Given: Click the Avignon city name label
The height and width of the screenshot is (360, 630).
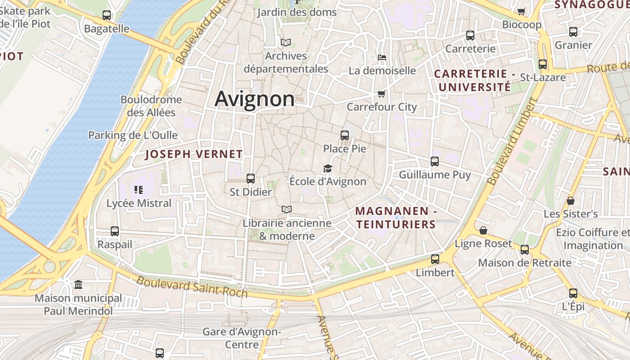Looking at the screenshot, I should click(x=254, y=99).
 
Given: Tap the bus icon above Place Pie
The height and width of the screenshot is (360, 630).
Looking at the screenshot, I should click(x=345, y=135).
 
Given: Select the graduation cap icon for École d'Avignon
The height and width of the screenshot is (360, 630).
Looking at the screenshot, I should click(x=328, y=168).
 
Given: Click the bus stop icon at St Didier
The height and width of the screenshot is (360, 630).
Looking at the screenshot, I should click(x=251, y=179).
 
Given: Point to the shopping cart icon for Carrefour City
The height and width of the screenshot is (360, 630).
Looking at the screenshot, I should click(x=381, y=94).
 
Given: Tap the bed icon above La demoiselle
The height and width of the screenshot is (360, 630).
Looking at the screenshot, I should click(x=382, y=57).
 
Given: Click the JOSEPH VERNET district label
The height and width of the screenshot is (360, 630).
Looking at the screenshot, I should click(x=194, y=154).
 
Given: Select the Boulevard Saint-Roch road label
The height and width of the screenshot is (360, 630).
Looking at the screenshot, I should click(x=192, y=287).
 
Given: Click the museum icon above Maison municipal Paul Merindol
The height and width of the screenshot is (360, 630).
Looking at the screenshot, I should click(x=78, y=284).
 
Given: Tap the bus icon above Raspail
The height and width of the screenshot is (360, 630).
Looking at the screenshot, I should click(x=115, y=231).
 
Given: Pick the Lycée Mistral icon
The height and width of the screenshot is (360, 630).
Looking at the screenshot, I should click(x=138, y=190).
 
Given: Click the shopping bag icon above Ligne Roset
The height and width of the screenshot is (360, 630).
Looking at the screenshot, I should click(x=483, y=230).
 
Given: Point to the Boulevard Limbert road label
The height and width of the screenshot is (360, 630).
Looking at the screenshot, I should click(x=513, y=141).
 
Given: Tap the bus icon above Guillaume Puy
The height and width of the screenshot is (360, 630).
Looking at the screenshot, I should click(x=434, y=162).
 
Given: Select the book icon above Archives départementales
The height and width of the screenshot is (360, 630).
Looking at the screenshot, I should click(x=286, y=43).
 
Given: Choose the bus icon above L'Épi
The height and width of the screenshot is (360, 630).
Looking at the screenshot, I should click(x=573, y=293).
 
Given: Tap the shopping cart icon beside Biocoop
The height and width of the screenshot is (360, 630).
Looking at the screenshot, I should click(x=522, y=12).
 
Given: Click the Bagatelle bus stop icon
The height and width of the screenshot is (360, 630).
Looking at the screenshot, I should click(x=107, y=15).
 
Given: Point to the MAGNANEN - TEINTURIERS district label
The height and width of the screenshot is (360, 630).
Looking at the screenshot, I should click(x=396, y=217).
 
